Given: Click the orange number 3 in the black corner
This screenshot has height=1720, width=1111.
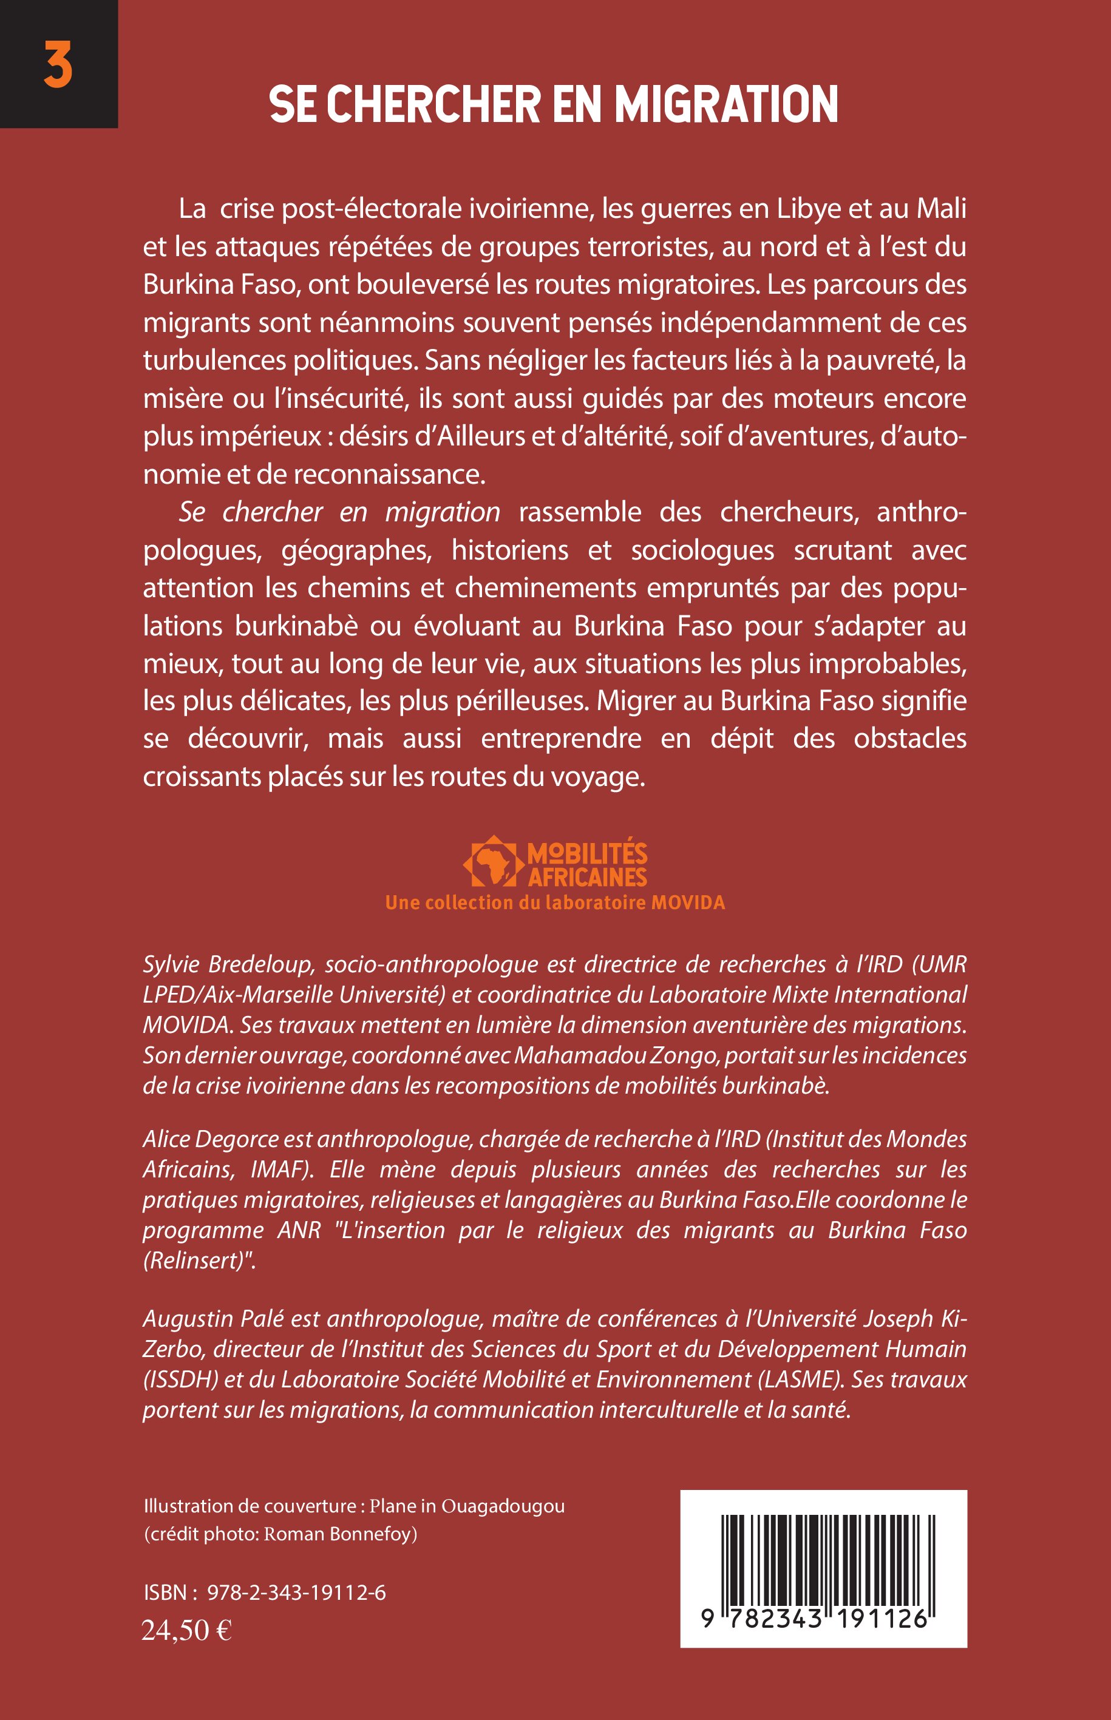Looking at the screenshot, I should [x=58, y=65].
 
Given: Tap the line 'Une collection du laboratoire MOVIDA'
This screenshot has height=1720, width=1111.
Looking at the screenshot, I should [x=555, y=903].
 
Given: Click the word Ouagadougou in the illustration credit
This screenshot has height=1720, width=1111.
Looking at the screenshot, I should [x=502, y=1506].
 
